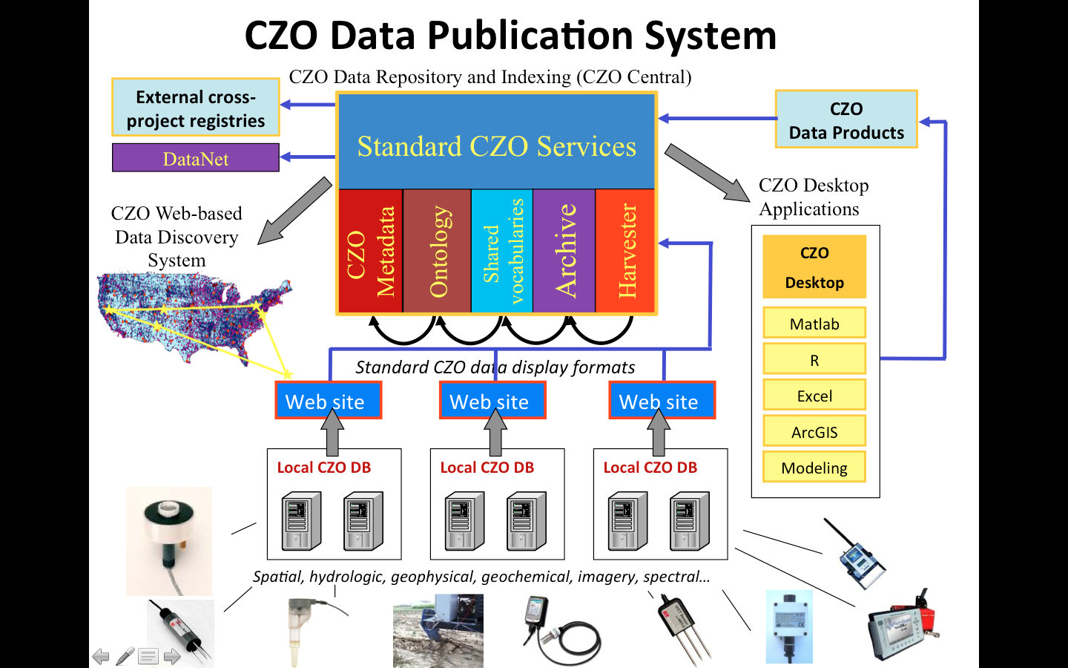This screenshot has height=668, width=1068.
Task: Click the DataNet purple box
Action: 196,158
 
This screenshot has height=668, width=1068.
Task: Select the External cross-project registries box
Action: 196,108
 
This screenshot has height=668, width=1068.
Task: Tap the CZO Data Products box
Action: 846,120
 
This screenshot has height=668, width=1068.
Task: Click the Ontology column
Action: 438,251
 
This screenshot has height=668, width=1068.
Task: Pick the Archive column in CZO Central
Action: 564,251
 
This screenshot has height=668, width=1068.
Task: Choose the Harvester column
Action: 626,251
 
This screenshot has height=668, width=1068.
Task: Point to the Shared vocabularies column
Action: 502,251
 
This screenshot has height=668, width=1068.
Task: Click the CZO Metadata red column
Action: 371,251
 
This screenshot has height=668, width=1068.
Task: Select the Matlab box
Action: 814,324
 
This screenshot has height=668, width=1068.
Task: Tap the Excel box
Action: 814,396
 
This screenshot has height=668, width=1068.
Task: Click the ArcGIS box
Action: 814,432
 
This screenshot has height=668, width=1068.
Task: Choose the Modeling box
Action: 814,468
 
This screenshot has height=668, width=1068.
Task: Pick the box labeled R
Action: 814,360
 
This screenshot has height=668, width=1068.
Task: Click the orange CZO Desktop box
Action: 814,267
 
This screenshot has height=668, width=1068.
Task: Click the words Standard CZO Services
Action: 496,146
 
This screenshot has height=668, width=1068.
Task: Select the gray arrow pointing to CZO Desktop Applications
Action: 707,174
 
